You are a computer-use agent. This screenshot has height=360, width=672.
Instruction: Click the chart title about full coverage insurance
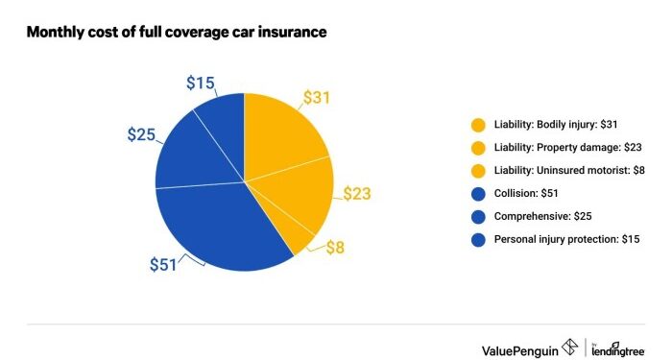pyautogui.click(x=177, y=33)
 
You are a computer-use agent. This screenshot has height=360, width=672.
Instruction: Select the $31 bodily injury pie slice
pyautogui.click(x=283, y=134)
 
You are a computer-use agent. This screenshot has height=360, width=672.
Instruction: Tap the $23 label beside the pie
pyautogui.click(x=356, y=195)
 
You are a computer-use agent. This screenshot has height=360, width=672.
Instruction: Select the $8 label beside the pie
pyautogui.click(x=333, y=248)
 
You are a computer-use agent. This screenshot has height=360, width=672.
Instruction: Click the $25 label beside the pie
pyautogui.click(x=142, y=134)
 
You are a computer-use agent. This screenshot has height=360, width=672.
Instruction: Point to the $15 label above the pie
pyautogui.click(x=201, y=84)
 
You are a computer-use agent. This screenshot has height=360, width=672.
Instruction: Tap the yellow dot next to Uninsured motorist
pyautogui.click(x=478, y=171)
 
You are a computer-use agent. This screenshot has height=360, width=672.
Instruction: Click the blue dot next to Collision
pyautogui.click(x=478, y=194)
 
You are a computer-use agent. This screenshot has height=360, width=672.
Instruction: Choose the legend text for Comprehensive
pyautogui.click(x=553, y=217)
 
